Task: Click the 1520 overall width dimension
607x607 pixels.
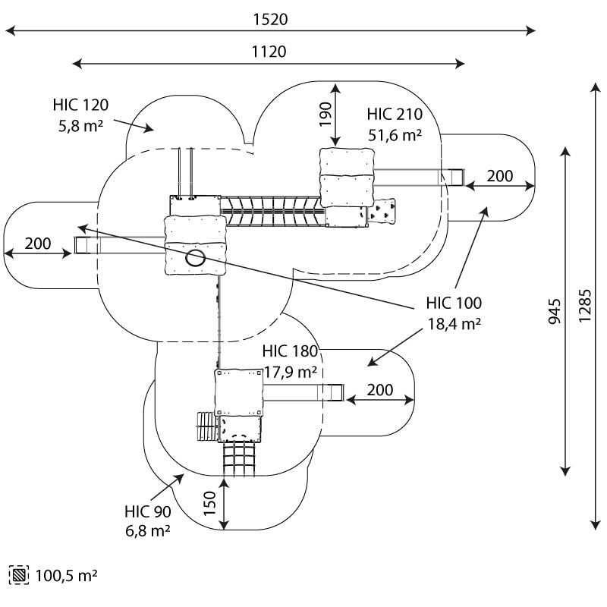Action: tap(271, 20)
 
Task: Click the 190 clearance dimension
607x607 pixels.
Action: tap(323, 115)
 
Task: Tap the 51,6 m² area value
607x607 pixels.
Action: tap(394, 134)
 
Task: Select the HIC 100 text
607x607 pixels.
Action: tap(452, 304)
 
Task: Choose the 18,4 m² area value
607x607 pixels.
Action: tap(452, 324)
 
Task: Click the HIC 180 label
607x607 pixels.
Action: tap(290, 352)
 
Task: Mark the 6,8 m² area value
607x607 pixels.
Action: tap(149, 530)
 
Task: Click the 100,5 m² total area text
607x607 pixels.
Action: tap(66, 575)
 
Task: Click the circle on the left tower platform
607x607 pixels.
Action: tap(196, 258)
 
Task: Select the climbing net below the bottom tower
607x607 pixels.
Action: tap(238, 460)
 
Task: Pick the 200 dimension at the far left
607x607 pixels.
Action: tap(38, 244)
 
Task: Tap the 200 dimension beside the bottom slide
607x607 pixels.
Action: tap(379, 390)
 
